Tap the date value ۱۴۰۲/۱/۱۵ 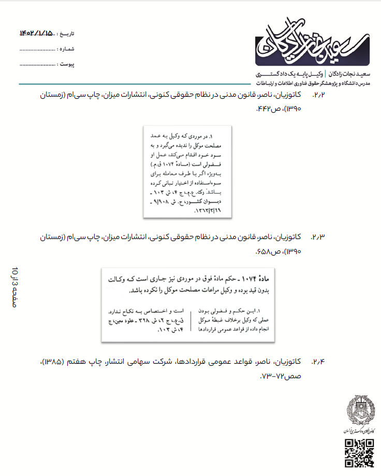[x=36, y=34]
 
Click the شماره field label [x=67, y=49]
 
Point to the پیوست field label [x=67, y=64]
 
